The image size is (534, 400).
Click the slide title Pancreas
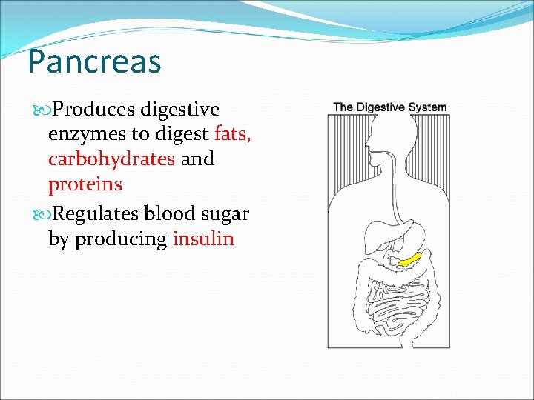[94, 62]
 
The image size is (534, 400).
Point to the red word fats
[233, 135]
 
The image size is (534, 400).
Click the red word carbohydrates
[111, 159]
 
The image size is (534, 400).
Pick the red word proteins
[85, 184]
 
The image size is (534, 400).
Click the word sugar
[225, 215]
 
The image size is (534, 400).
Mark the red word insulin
[203, 239]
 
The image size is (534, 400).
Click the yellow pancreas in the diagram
[409, 259]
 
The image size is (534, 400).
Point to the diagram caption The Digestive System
[389, 107]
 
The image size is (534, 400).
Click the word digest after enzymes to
[179, 135]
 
